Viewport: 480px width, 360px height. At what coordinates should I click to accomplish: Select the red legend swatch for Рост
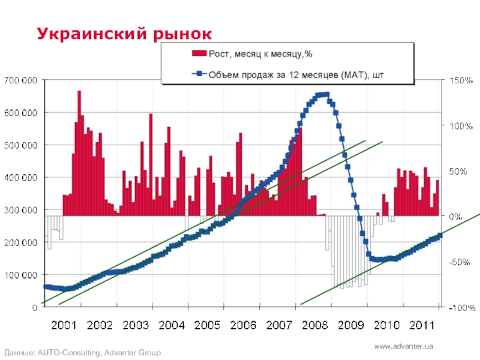[199, 54]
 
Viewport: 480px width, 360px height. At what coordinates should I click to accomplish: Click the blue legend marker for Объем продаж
[199, 75]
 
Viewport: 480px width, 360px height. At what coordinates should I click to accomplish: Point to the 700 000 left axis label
[21, 80]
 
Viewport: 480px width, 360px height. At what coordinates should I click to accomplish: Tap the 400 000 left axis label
[21, 178]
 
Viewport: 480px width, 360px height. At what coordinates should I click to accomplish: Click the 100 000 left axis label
[21, 275]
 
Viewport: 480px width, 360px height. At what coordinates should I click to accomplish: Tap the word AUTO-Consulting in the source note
[67, 353]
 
